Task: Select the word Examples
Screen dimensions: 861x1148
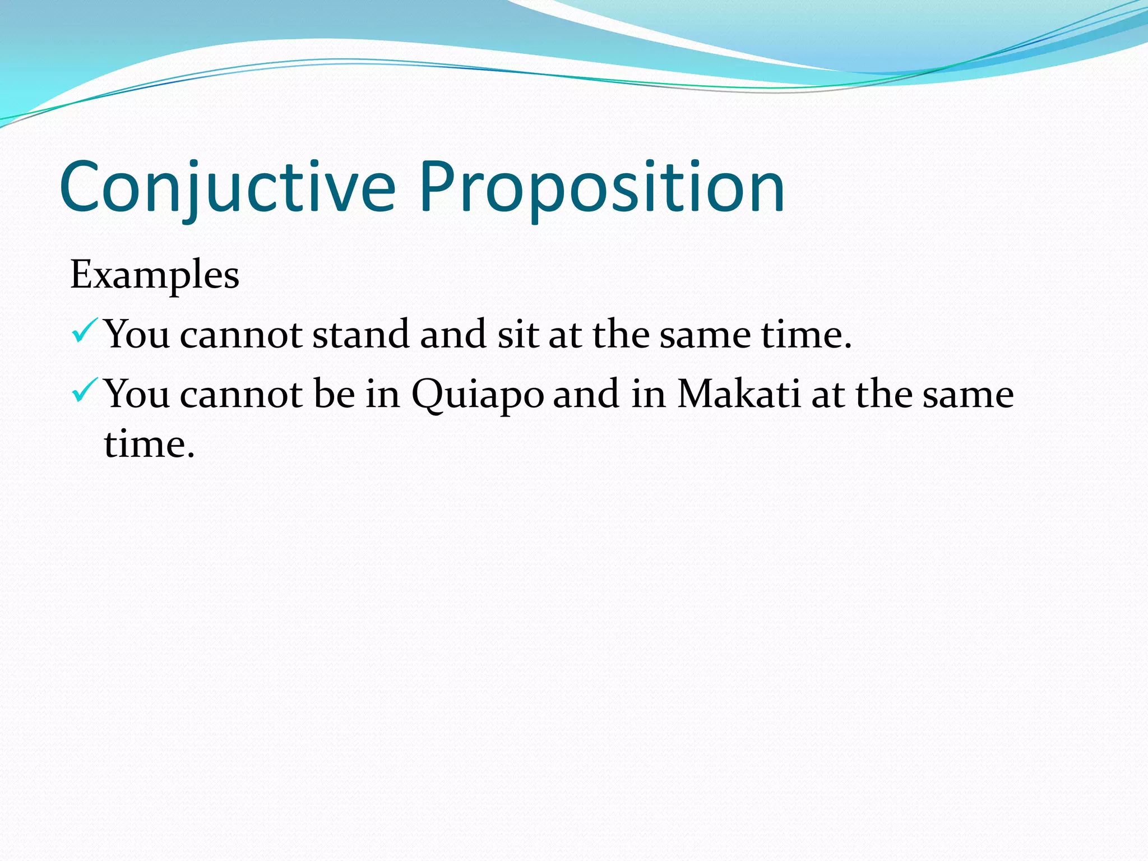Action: point(155,275)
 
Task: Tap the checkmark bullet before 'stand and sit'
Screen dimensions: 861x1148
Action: point(85,331)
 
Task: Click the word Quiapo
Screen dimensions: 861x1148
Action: point(478,395)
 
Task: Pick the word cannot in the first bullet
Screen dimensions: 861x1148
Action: point(241,335)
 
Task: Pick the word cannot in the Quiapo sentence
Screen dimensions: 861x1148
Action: point(241,395)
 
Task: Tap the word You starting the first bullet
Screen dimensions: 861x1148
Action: point(137,335)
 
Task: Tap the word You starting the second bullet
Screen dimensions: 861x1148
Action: point(137,395)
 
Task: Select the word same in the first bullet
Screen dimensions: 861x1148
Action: point(704,335)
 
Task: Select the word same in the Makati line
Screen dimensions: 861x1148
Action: point(968,395)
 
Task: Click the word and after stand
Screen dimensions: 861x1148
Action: point(453,335)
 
